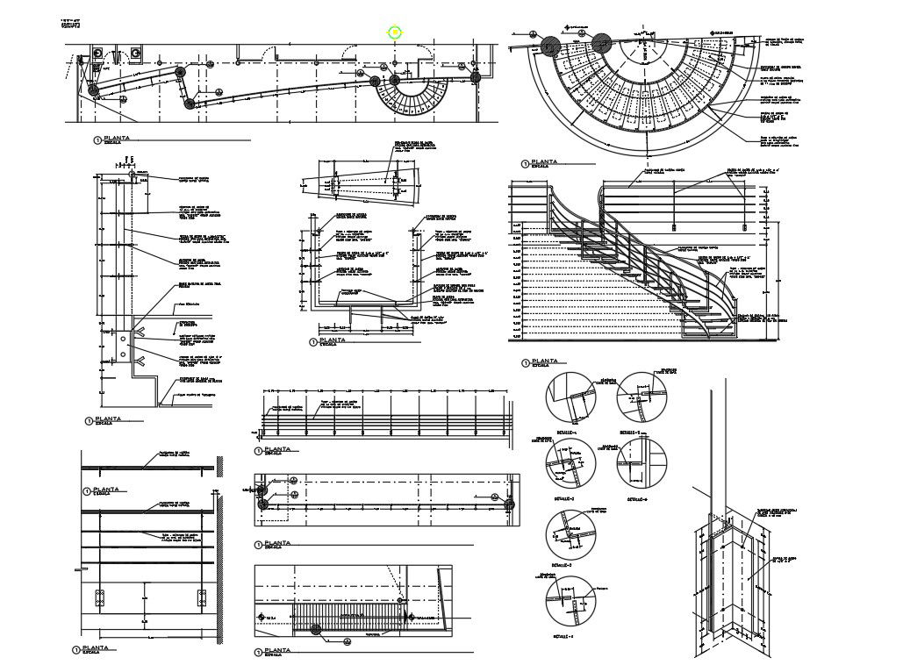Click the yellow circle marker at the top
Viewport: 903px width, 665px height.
pyautogui.click(x=395, y=32)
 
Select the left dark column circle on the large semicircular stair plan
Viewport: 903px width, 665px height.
pyautogui.click(x=551, y=46)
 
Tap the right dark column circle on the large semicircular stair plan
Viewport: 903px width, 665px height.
pyautogui.click(x=601, y=43)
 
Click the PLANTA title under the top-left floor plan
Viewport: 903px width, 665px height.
pyautogui.click(x=115, y=139)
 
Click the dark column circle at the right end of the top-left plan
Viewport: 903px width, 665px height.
pyautogui.click(x=476, y=78)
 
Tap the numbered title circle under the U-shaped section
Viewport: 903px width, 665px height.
pyautogui.click(x=312, y=342)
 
